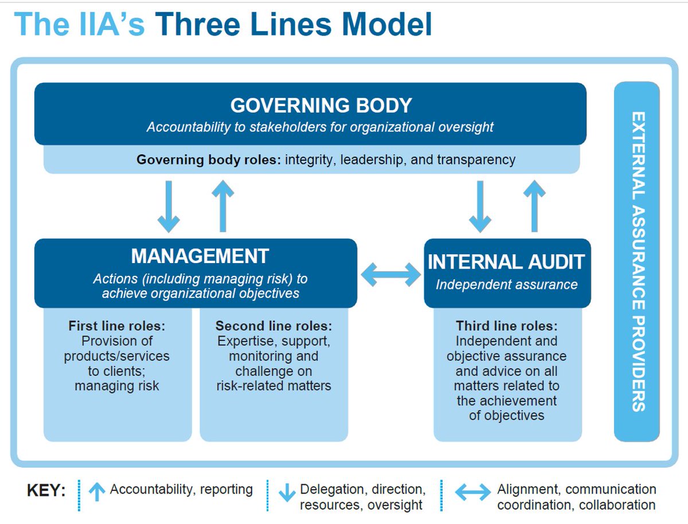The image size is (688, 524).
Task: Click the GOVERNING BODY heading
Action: tap(321, 105)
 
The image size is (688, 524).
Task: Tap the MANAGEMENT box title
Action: tap(200, 256)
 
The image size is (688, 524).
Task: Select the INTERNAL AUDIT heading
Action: tap(506, 262)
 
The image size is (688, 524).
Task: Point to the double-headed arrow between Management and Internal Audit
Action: tap(390, 274)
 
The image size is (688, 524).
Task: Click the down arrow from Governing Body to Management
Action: tap(169, 206)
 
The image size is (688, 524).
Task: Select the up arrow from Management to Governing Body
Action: tap(222, 206)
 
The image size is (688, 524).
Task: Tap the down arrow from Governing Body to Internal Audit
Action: tap(480, 206)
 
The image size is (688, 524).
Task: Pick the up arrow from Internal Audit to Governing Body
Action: tap(534, 206)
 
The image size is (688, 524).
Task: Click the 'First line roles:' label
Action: tap(117, 326)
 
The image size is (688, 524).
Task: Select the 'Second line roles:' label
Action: tap(273, 326)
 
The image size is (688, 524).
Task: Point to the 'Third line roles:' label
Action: tap(507, 326)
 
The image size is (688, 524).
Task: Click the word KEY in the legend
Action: tap(46, 491)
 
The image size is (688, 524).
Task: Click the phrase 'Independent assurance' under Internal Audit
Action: tap(507, 284)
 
